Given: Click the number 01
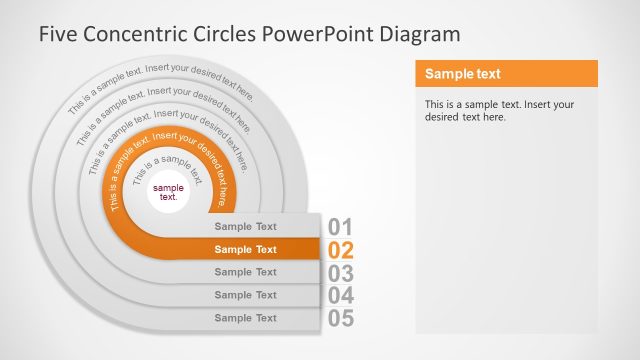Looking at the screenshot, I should pyautogui.click(x=340, y=227).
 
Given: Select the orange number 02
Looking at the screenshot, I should pyautogui.click(x=340, y=250).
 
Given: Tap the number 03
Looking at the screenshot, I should pyautogui.click(x=340, y=273).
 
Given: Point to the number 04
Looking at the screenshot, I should pyautogui.click(x=340, y=296).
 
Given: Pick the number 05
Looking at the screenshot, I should pyautogui.click(x=340, y=319).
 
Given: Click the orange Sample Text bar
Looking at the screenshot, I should pyautogui.click(x=246, y=250).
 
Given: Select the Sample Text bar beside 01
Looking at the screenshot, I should pyautogui.click(x=246, y=227).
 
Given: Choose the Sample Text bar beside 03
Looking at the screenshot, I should pyautogui.click(x=246, y=272).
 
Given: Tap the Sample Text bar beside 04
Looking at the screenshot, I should pyautogui.click(x=246, y=295).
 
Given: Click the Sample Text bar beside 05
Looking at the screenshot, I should pyautogui.click(x=246, y=318).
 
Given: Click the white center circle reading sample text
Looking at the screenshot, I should pyautogui.click(x=169, y=192).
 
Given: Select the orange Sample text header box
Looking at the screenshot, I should pyautogui.click(x=506, y=74).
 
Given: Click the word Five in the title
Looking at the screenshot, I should pyautogui.click(x=60, y=34).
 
